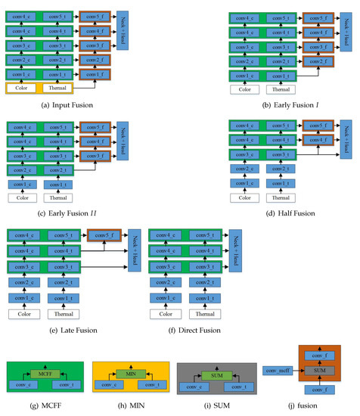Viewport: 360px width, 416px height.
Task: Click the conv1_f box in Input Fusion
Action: (x=94, y=74)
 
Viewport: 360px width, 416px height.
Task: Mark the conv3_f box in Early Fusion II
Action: (x=94, y=156)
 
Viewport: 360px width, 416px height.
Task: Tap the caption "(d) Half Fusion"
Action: (x=291, y=213)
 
